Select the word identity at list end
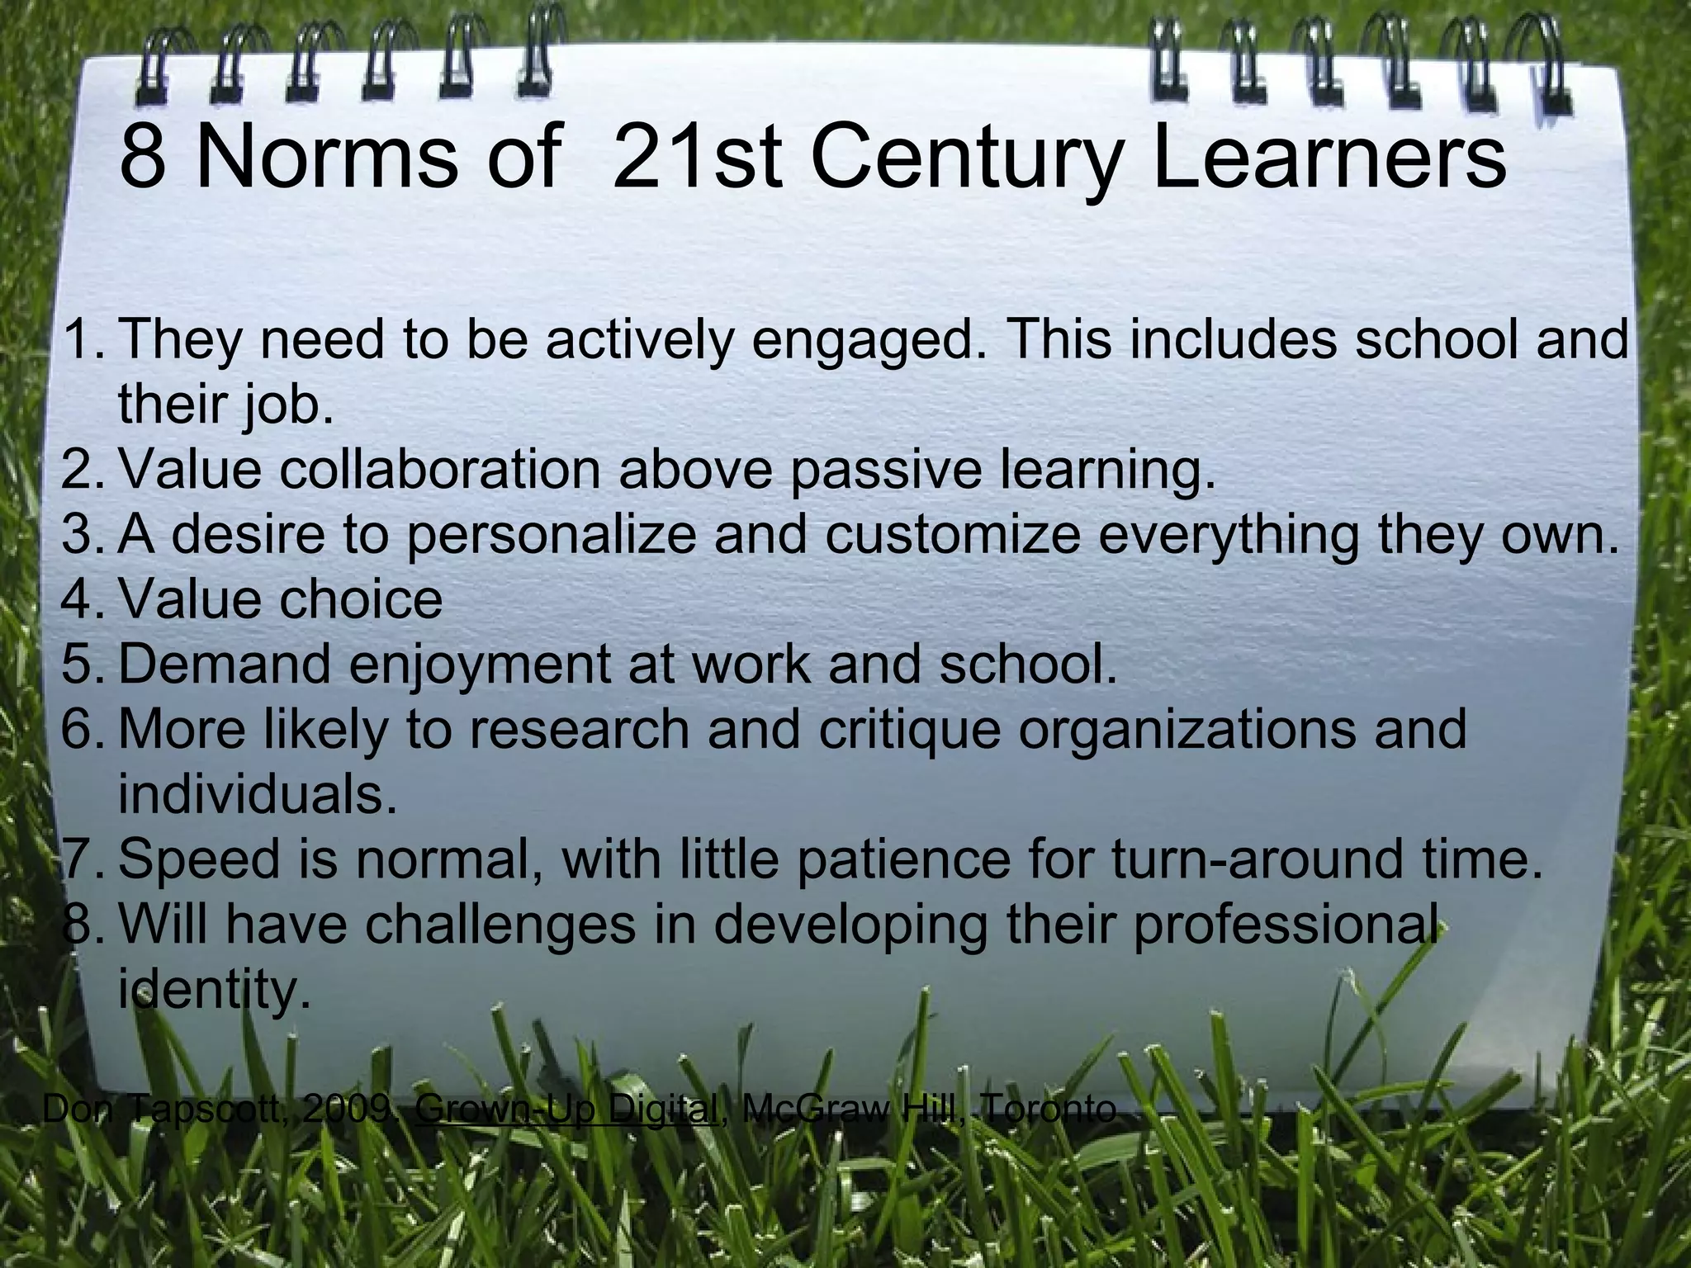[x=214, y=989]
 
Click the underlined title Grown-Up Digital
[x=566, y=1109]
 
